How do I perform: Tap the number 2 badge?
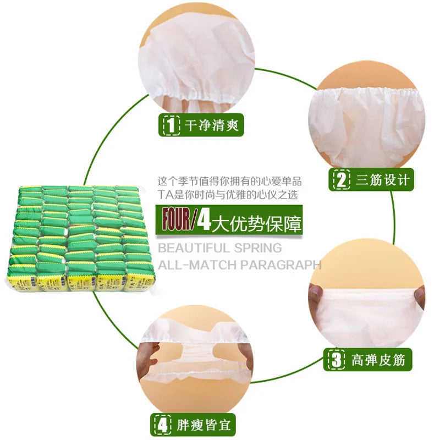pos(342,180)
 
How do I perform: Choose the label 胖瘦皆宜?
pos(195,425)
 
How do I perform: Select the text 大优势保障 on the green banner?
pos(257,221)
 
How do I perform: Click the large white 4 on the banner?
pos(204,220)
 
